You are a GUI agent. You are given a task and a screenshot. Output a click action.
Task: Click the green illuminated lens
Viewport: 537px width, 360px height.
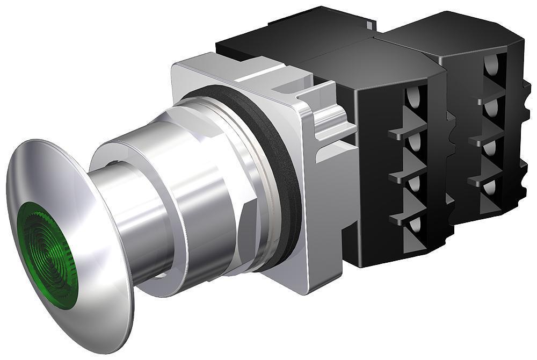[x=47, y=256]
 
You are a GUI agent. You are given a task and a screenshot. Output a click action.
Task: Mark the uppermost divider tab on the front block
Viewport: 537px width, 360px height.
[x=405, y=132]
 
